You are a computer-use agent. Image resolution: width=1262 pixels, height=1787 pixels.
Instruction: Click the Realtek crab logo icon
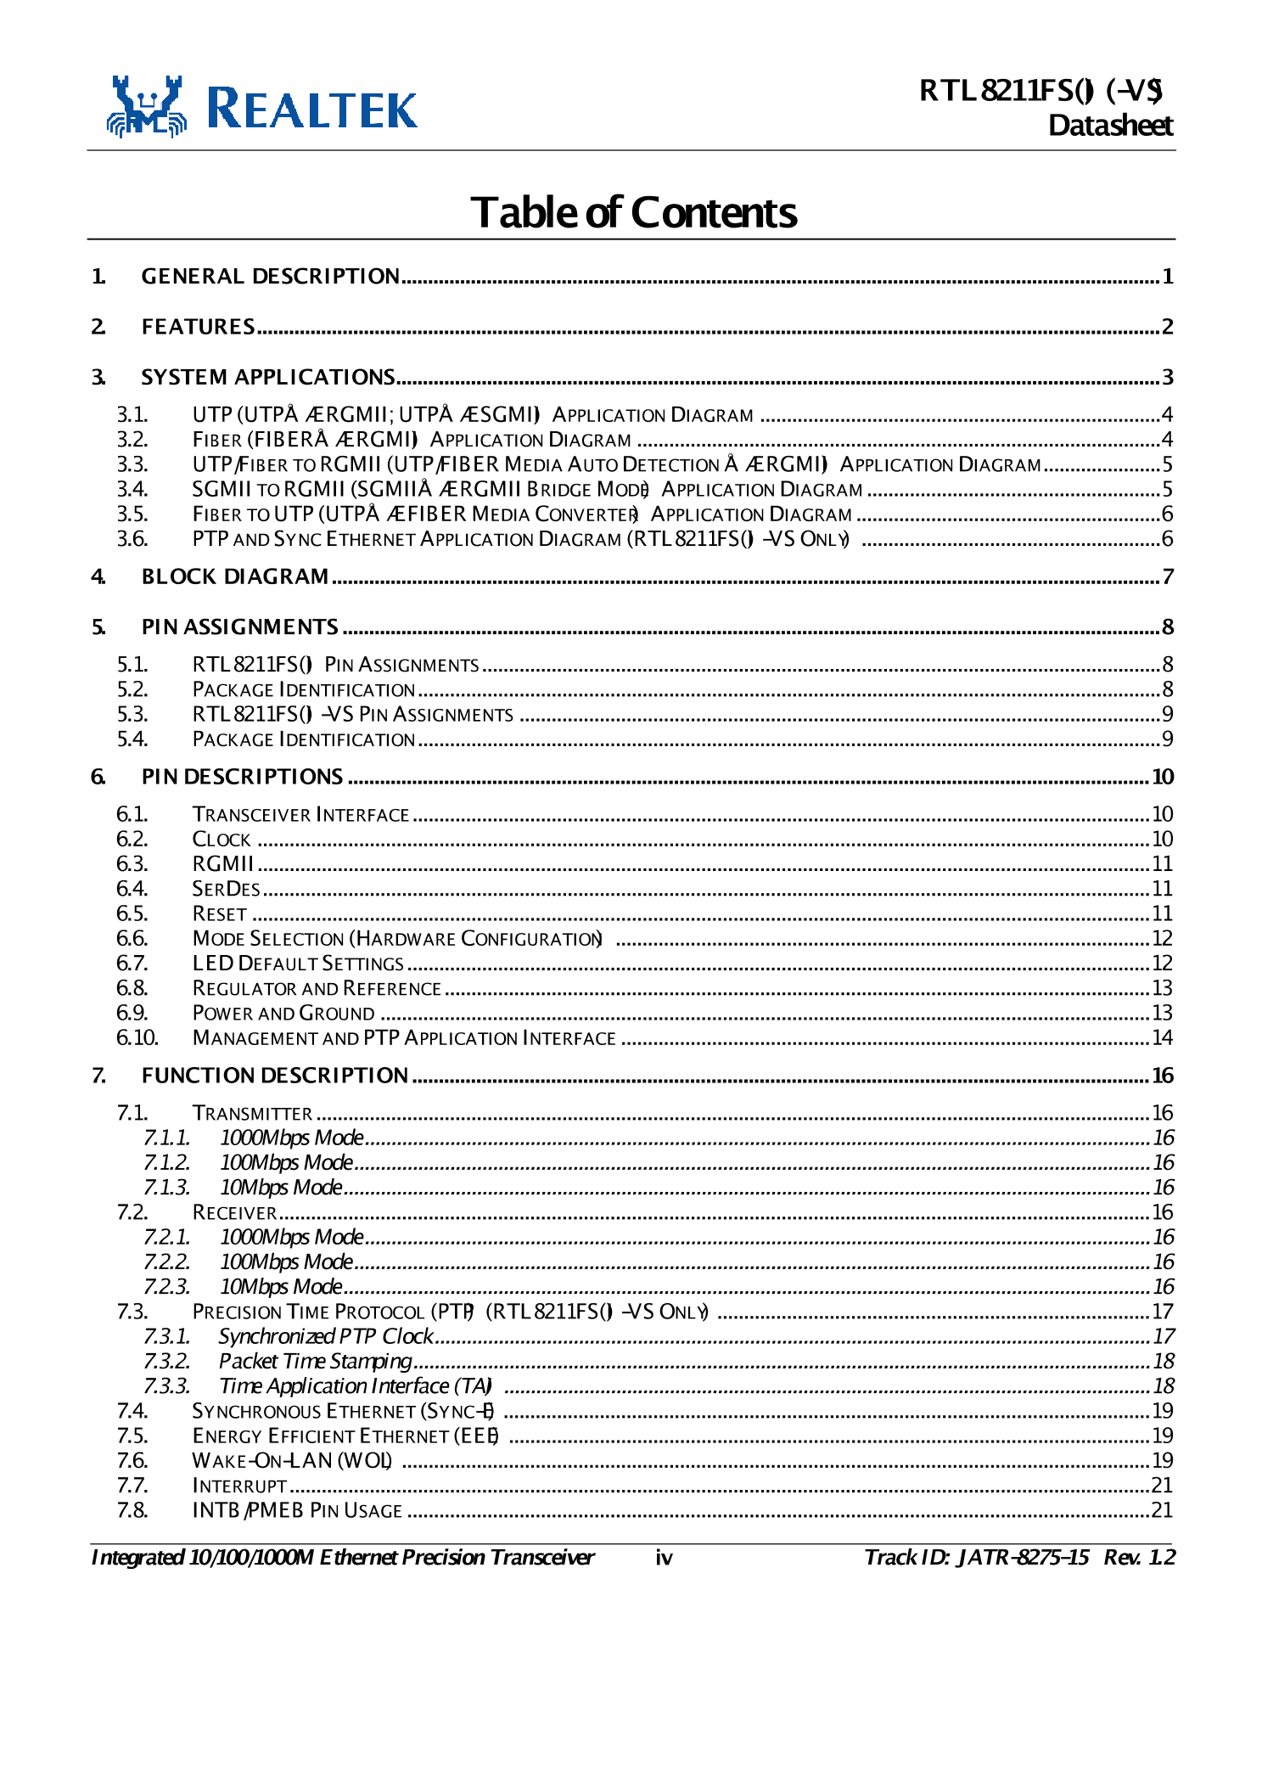pyautogui.click(x=146, y=107)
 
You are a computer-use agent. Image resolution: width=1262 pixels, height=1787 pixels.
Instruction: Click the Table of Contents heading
pyautogui.click(x=633, y=212)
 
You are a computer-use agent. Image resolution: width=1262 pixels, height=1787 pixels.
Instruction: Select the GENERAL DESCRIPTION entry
pyautogui.click(x=270, y=277)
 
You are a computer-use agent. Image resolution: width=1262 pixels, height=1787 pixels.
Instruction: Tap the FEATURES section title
pyautogui.click(x=198, y=327)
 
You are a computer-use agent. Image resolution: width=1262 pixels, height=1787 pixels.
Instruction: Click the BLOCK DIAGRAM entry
pyautogui.click(x=234, y=577)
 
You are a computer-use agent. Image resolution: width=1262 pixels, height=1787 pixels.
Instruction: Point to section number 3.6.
pyautogui.click(x=132, y=539)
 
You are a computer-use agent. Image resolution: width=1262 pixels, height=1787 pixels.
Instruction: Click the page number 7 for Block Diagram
pyautogui.click(x=1168, y=577)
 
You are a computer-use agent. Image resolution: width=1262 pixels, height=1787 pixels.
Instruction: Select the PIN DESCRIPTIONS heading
pyautogui.click(x=242, y=777)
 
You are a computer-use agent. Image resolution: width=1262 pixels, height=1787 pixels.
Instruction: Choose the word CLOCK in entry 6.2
pyautogui.click(x=222, y=840)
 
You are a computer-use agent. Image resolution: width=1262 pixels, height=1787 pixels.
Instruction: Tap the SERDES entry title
pyautogui.click(x=226, y=889)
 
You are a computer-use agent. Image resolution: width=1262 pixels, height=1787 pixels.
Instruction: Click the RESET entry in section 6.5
pyautogui.click(x=220, y=914)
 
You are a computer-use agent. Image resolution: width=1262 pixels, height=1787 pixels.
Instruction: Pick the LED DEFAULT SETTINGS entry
pyautogui.click(x=298, y=964)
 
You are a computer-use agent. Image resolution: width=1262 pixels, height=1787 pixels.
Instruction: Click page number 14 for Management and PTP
pyautogui.click(x=1162, y=1038)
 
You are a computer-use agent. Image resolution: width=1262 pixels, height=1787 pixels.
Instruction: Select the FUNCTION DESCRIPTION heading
pyautogui.click(x=274, y=1076)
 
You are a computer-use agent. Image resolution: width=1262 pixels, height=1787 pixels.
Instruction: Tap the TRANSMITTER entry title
pyautogui.click(x=252, y=1113)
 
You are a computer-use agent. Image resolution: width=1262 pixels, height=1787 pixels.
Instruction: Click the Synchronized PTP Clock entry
pyautogui.click(x=326, y=1336)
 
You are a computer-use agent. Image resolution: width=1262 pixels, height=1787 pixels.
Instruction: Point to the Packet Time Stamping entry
pyautogui.click(x=315, y=1362)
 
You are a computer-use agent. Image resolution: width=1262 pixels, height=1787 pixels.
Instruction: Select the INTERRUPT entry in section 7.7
pyautogui.click(x=239, y=1486)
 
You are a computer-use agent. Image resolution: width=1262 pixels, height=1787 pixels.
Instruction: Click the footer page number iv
pyautogui.click(x=664, y=1558)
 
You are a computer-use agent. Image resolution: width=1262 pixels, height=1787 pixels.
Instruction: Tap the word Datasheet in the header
pyautogui.click(x=1110, y=126)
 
